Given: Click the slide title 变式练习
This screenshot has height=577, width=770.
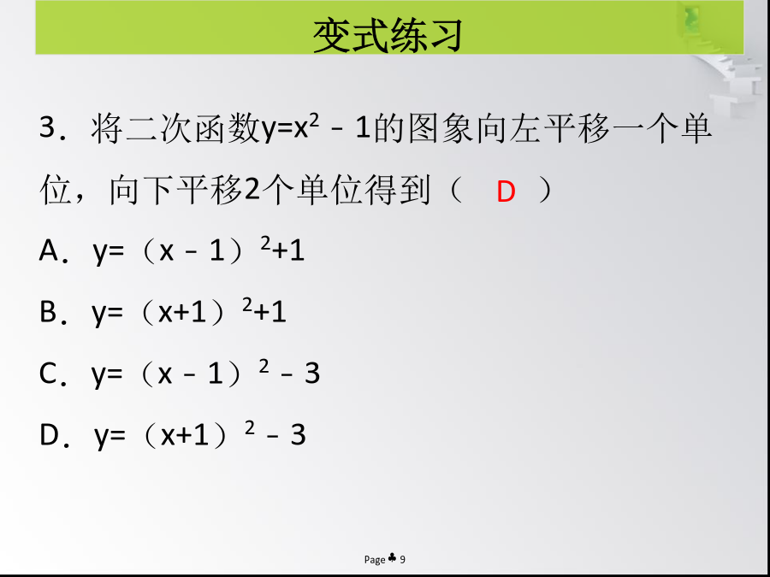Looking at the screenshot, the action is coord(388,35).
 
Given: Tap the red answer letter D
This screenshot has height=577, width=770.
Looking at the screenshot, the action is coord(506,191).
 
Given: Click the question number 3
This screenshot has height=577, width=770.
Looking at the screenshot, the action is coord(49,127).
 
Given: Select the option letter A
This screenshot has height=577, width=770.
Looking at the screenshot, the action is coord(49,250).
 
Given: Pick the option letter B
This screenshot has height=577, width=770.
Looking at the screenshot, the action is coord(48,311).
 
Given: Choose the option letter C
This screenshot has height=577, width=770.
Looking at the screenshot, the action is coord(48,373).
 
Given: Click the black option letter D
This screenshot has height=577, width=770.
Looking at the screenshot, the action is coord(49,434).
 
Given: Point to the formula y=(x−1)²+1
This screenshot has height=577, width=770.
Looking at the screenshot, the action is coord(198,250).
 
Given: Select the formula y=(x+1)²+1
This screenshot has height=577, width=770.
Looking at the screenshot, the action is coord(189,311).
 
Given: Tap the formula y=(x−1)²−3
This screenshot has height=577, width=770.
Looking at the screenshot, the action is coord(205,373).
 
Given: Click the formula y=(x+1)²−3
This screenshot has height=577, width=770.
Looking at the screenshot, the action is coord(200,434).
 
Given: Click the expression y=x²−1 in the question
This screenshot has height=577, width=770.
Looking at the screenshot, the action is coord(315,128).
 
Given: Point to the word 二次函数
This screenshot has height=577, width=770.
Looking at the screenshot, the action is coord(193,128).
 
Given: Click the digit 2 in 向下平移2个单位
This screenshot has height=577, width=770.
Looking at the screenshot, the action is coord(252,191).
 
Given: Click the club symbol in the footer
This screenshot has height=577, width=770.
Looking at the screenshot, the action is coord(393,557).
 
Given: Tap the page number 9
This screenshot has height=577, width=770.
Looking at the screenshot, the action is coord(403,559).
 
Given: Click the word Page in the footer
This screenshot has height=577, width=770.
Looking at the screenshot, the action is coord(375,560).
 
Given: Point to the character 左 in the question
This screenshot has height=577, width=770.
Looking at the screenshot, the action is coord(526,128).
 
